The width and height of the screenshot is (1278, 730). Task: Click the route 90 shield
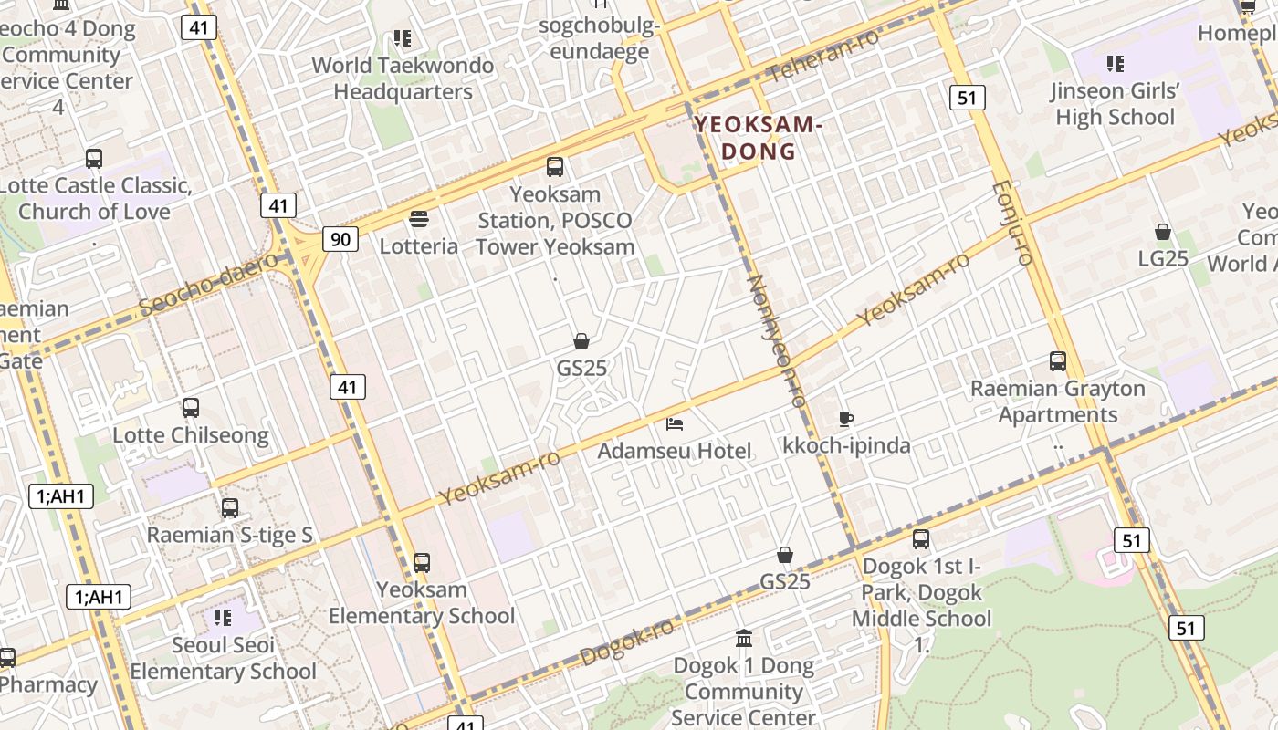coord(340,240)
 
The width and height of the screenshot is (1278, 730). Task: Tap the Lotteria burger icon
coord(419,219)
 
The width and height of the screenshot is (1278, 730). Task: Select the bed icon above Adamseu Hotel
coord(675,423)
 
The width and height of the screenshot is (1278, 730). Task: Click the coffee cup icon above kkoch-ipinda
coord(846,419)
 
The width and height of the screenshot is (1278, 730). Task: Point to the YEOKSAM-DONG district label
coord(759,138)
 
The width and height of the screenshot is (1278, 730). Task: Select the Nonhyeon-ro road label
coord(778,340)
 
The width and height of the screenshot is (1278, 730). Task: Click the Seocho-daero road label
coord(209,284)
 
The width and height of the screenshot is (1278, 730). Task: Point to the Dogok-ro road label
coord(627,641)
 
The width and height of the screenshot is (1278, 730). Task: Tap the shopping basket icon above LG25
coord(1163,232)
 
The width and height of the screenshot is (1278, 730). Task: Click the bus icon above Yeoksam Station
coord(555,167)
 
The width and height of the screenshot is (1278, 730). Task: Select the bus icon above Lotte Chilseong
coord(191,408)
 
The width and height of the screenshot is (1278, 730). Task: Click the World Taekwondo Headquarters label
coord(403,78)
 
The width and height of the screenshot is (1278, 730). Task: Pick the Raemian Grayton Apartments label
coord(1057,401)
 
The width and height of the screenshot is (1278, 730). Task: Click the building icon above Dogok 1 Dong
coord(744,638)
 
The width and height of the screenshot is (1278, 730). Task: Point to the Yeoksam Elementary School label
coord(422,603)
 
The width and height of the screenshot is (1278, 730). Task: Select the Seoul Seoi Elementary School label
coord(224,659)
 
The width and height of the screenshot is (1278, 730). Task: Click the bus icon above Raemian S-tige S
coord(230,508)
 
